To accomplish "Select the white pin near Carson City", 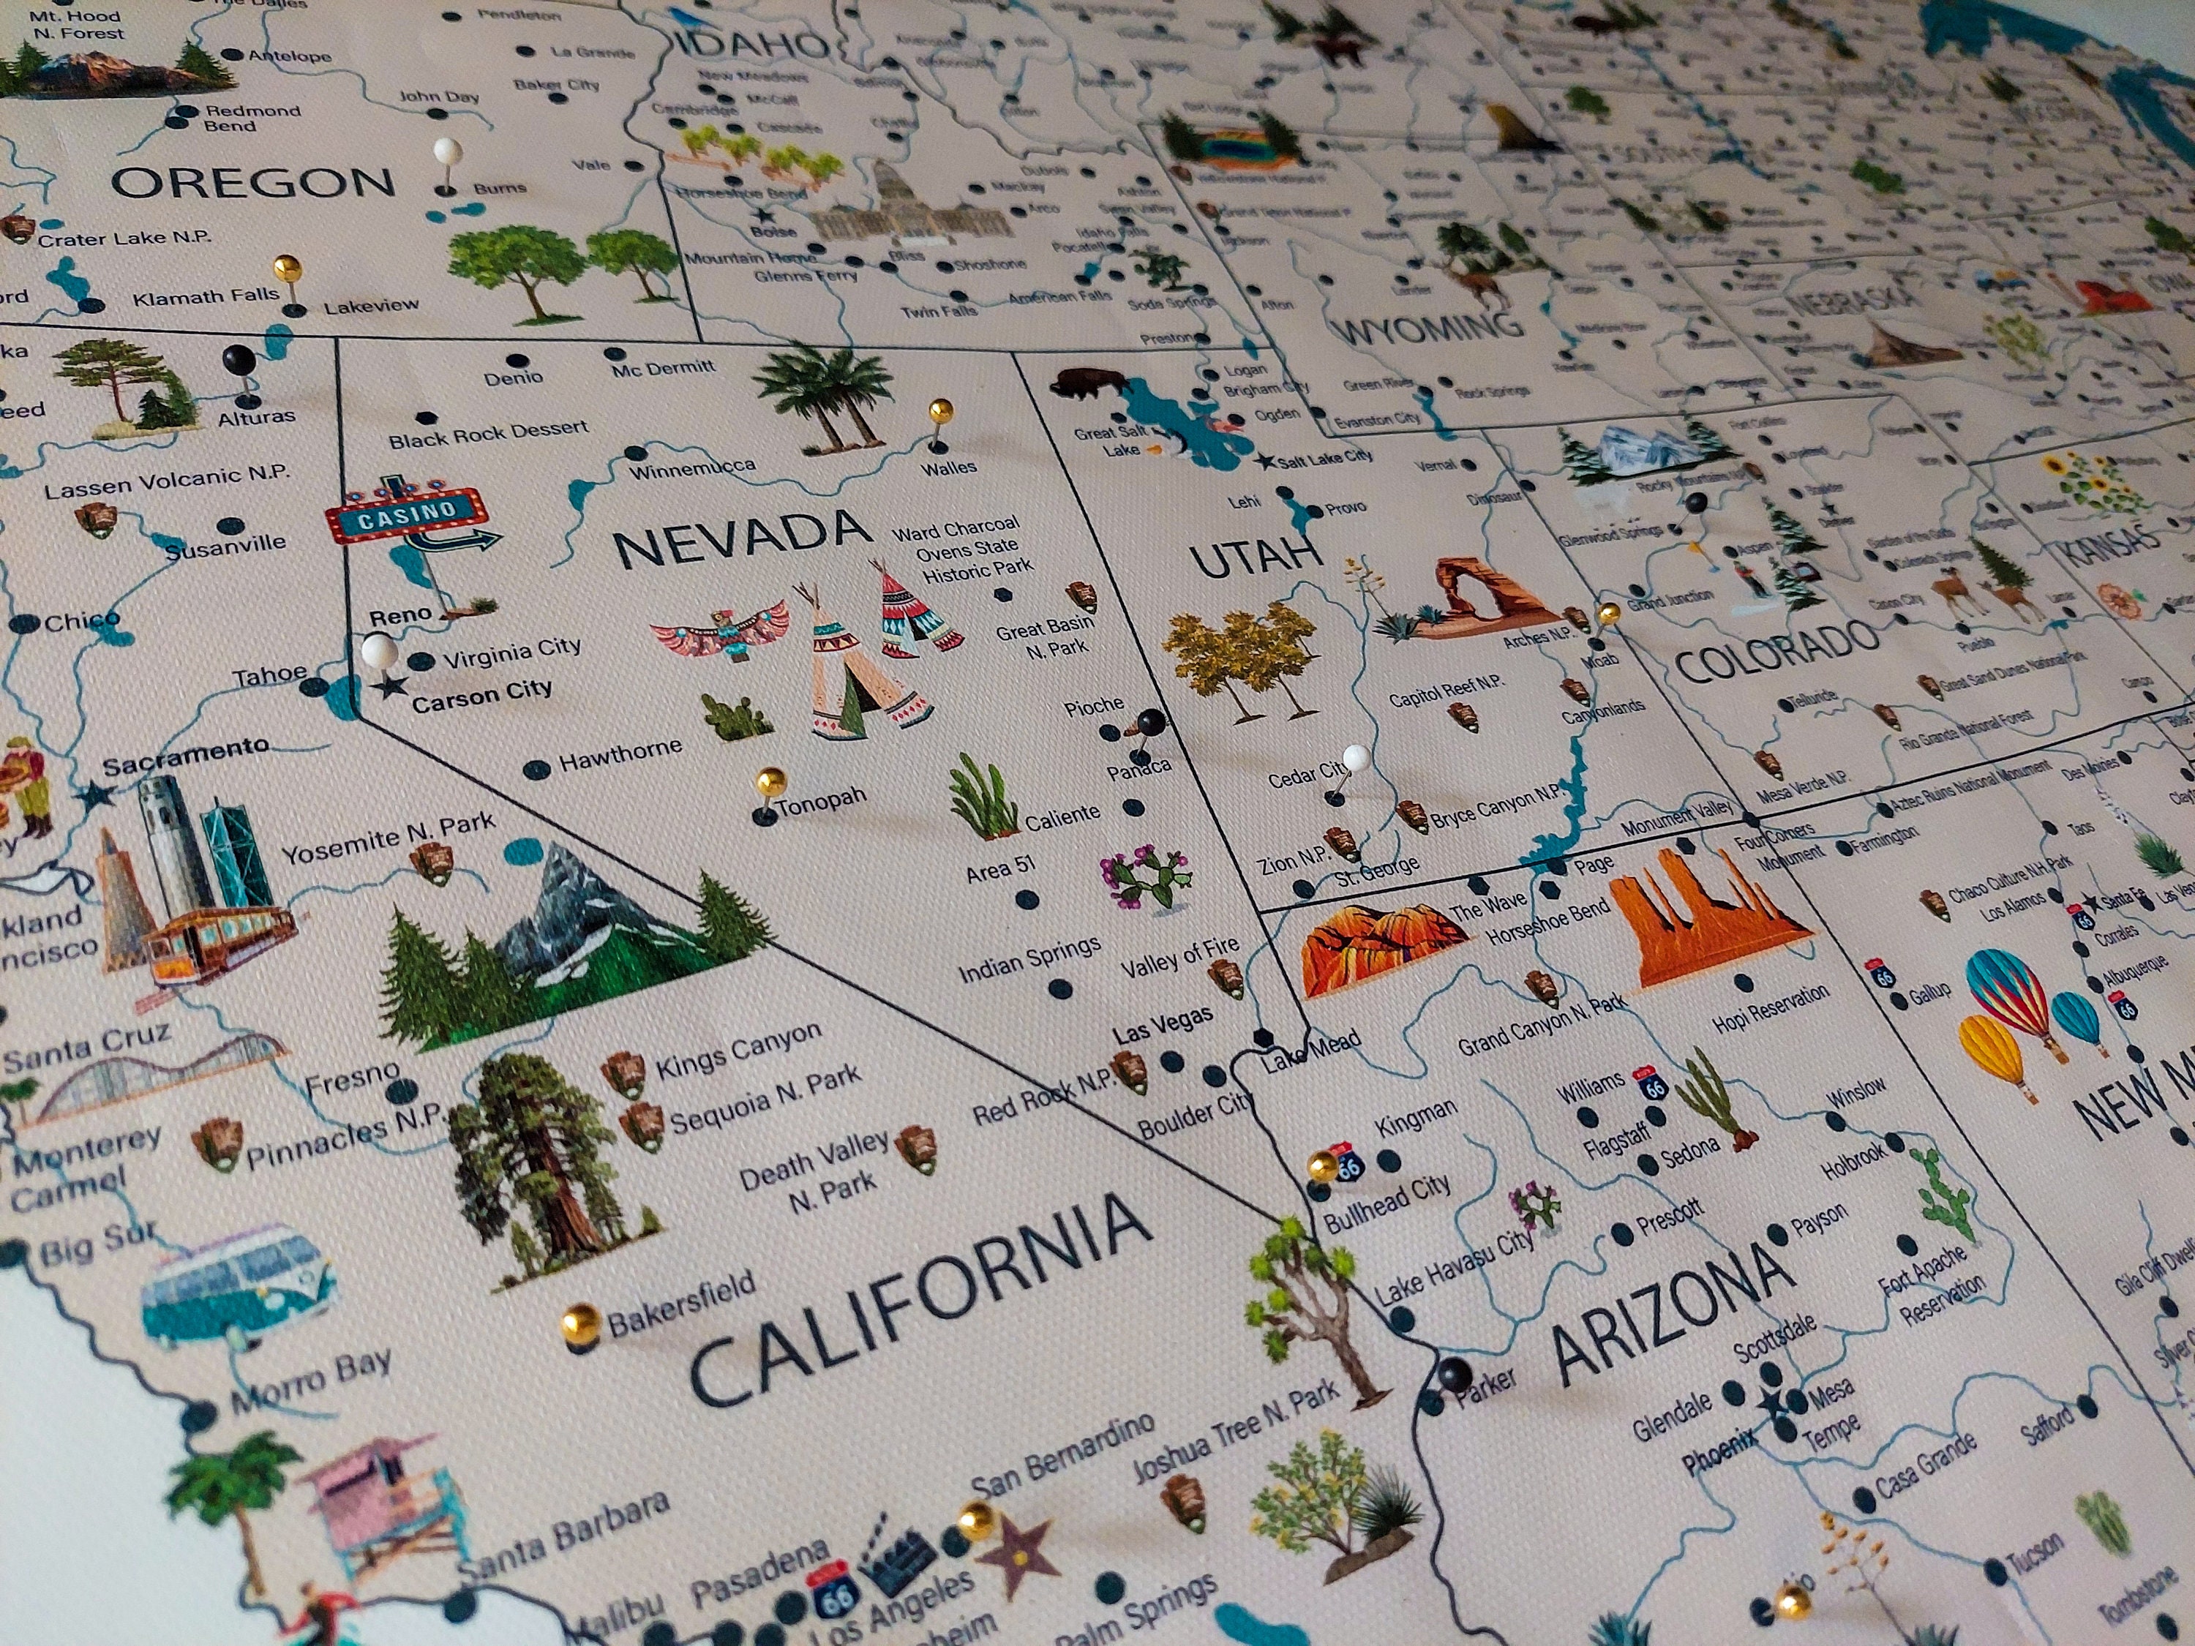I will click(x=379, y=653).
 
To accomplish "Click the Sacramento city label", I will click(x=186, y=756).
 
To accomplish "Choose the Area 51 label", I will click(x=1001, y=869).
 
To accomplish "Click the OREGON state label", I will click(x=253, y=184).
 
